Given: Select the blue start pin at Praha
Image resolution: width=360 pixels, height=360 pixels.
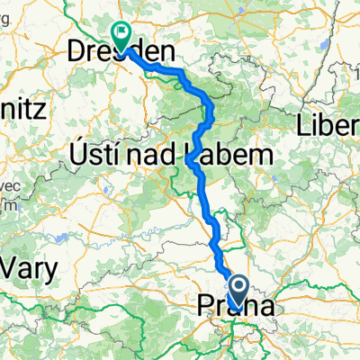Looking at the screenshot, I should pos(238,290).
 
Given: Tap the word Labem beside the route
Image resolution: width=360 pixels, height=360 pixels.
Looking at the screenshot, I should pos(226,157).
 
